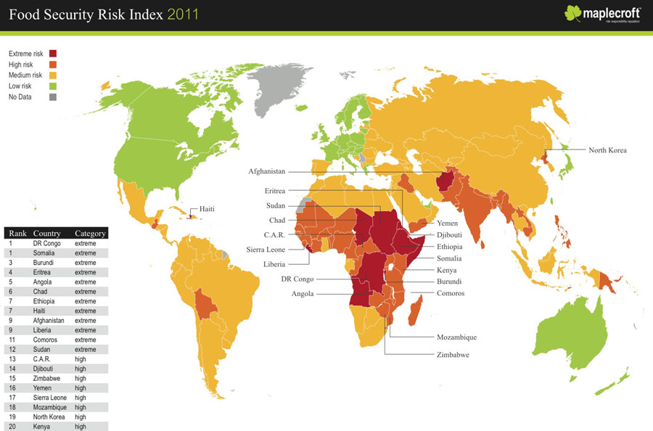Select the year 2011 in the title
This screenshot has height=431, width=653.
(182, 15)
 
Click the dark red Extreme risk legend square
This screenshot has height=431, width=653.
(53, 54)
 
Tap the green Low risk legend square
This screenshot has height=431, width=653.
(53, 86)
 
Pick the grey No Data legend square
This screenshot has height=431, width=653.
(53, 97)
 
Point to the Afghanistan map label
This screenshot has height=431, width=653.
(266, 172)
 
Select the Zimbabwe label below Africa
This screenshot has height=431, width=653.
(452, 355)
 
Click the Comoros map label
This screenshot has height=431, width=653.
(451, 293)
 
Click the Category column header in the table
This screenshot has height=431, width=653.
(91, 234)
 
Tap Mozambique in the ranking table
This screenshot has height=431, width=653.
(52, 408)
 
